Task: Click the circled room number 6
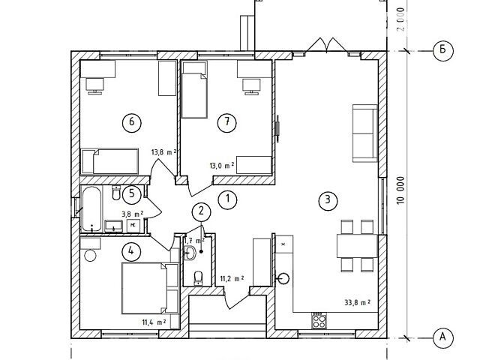(132, 122)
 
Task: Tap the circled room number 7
(226, 122)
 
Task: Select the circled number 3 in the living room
(328, 200)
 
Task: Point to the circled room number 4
(131, 252)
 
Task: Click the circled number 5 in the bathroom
(132, 193)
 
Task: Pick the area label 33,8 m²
(358, 303)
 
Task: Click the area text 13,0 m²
(222, 166)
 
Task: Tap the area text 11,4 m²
(154, 322)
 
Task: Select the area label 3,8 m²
(133, 214)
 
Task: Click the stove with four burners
(319, 320)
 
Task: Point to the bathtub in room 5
(91, 208)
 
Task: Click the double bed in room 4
(150, 288)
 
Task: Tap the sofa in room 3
(365, 133)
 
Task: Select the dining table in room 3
(357, 246)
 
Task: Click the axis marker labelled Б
(443, 49)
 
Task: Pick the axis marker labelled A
(443, 337)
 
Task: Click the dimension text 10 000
(400, 190)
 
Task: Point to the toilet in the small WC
(198, 277)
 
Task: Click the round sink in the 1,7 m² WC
(190, 253)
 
